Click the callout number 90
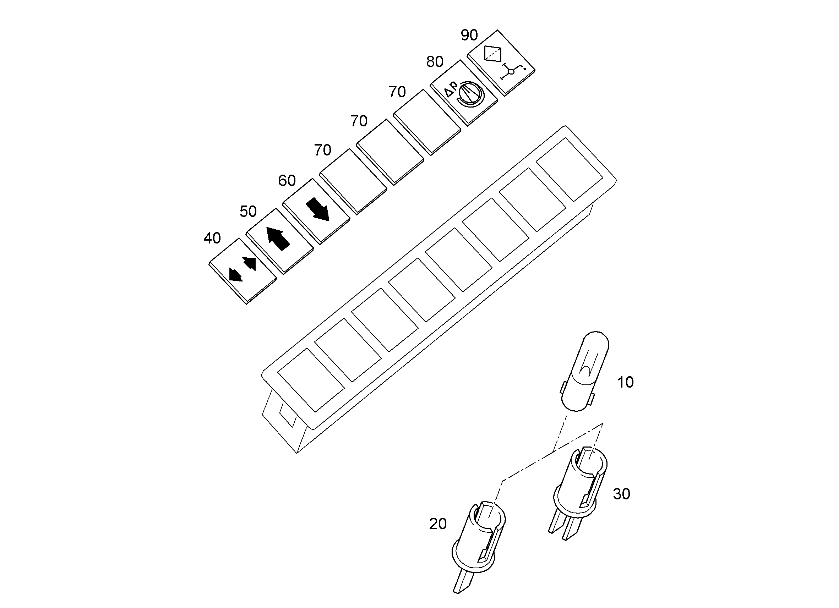[469, 35]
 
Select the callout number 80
[435, 62]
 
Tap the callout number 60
[287, 180]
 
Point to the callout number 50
[248, 212]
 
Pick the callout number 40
[212, 238]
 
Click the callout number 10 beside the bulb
[625, 382]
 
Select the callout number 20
[438, 524]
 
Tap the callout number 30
[621, 494]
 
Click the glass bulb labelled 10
[584, 371]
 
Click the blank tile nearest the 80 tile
[427, 122]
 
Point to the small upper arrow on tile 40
[249, 263]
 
